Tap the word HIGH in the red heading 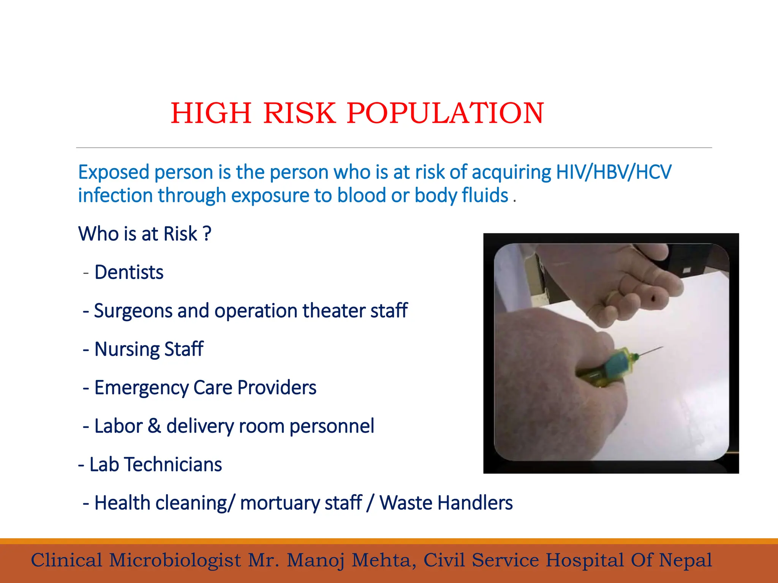[x=211, y=113]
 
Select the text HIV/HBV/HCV [x=614, y=172]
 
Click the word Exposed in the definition [x=113, y=172]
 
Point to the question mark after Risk [x=207, y=233]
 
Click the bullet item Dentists [x=129, y=272]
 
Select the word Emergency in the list [x=141, y=388]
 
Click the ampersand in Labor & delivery [x=154, y=426]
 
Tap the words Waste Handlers [x=446, y=503]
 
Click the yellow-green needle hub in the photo [x=633, y=357]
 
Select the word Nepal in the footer [x=685, y=560]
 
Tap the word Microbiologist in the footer [x=175, y=560]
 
